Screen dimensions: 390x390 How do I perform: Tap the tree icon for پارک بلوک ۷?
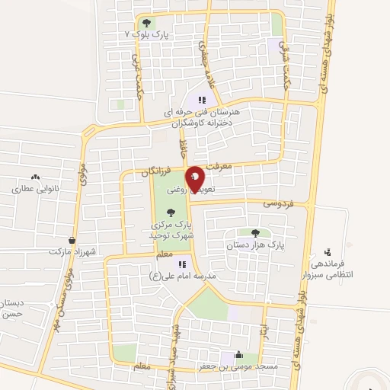[x=147, y=23]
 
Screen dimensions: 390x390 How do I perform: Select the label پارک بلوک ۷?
[x=147, y=35]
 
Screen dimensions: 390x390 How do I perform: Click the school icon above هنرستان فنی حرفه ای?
[x=202, y=99]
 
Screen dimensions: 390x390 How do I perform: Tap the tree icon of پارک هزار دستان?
[x=254, y=234]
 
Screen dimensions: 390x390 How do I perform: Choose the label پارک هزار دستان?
[x=254, y=246]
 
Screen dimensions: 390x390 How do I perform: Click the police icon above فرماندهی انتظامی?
[x=328, y=251]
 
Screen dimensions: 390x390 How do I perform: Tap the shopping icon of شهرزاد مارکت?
[x=72, y=239]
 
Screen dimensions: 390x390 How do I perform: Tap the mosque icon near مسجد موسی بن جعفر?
[x=240, y=354]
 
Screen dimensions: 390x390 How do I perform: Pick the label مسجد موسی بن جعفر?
[x=240, y=366]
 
